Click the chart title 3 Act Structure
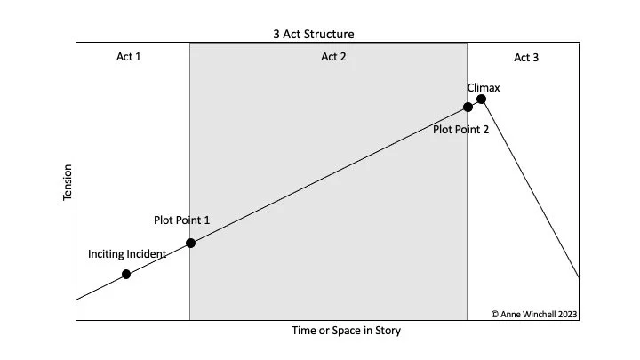coord(314,35)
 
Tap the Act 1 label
coord(129,58)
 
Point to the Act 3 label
coord(526,58)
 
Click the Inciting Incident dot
coord(126,274)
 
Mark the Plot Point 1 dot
coord(190,243)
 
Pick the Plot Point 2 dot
coord(468,108)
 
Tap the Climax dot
coord(481,99)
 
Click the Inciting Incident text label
coord(127,254)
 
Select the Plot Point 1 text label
coord(182,220)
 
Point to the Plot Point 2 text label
coord(460,129)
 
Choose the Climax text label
coord(484,88)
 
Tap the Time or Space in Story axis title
coord(347,331)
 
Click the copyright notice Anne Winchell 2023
coord(533,313)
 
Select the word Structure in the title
coord(330,35)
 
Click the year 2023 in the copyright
coord(565,313)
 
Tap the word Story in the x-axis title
coord(387,331)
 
